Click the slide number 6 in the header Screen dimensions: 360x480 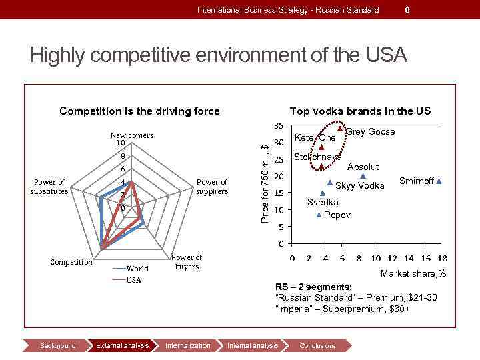pyautogui.click(x=407, y=9)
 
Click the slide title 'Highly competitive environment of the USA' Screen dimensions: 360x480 pyautogui.click(x=218, y=55)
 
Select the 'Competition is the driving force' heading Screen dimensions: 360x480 pyautogui.click(x=139, y=111)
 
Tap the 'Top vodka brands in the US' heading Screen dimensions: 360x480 pyautogui.click(x=360, y=111)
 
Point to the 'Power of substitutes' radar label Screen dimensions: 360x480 pyautogui.click(x=49, y=187)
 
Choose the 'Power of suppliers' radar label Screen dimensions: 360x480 pyautogui.click(x=212, y=187)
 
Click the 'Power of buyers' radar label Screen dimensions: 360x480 pyautogui.click(x=187, y=261)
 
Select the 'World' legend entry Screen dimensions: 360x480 pyautogui.click(x=137, y=269)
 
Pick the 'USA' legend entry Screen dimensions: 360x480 pyautogui.click(x=133, y=280)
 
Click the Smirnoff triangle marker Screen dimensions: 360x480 pyautogui.click(x=439, y=181)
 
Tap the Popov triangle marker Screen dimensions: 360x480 pyautogui.click(x=319, y=215)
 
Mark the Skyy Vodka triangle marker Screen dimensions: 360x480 pyautogui.click(x=329, y=182)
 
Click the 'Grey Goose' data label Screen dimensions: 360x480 pyautogui.click(x=370, y=132)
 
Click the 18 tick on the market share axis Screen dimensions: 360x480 pyautogui.click(x=442, y=258)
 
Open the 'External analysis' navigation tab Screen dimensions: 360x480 pyautogui.click(x=123, y=345)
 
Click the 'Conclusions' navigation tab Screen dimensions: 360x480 pyautogui.click(x=318, y=345)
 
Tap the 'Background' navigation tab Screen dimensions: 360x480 pyautogui.click(x=58, y=345)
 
